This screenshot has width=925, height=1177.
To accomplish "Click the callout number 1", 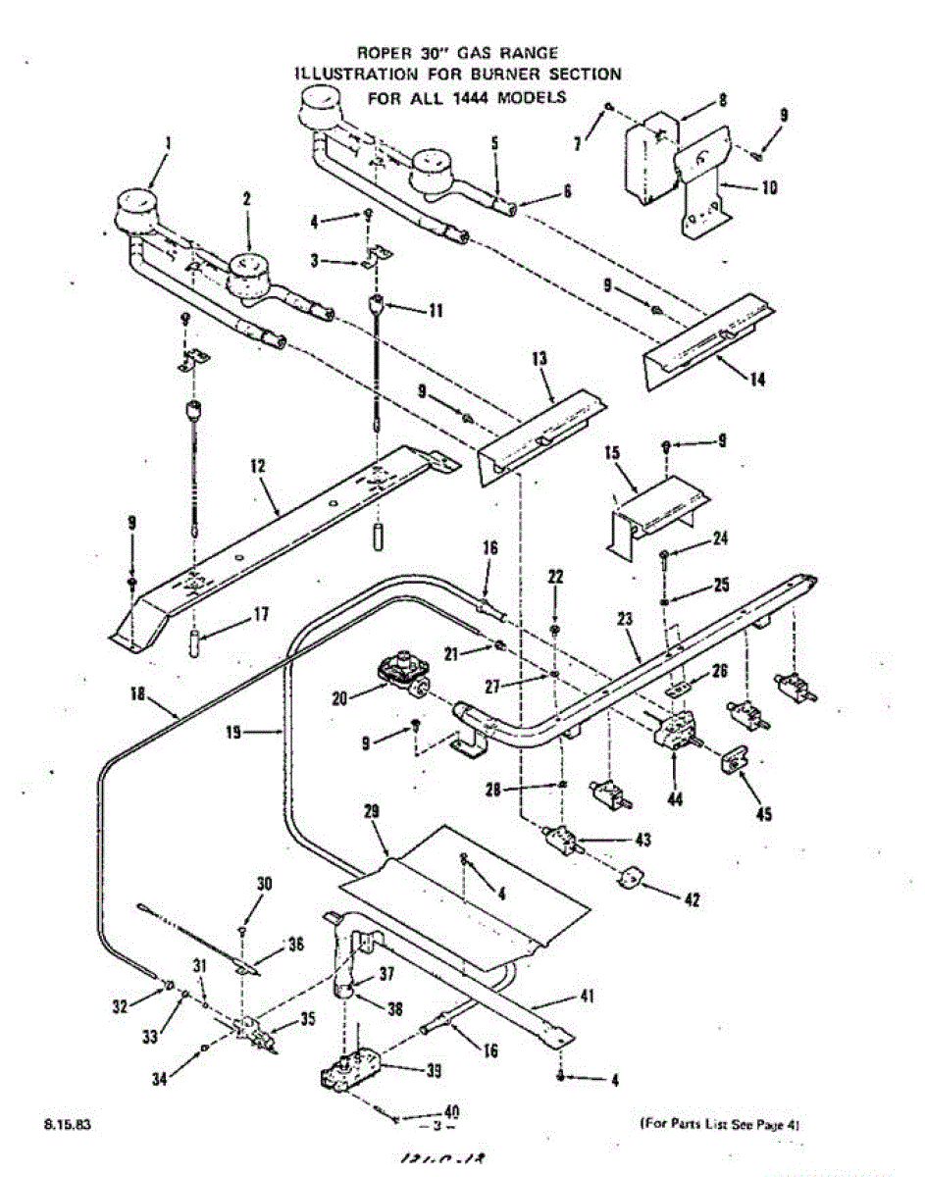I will pyautogui.click(x=168, y=143).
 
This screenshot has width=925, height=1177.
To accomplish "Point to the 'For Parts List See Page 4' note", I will pyautogui.click(x=720, y=1124).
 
